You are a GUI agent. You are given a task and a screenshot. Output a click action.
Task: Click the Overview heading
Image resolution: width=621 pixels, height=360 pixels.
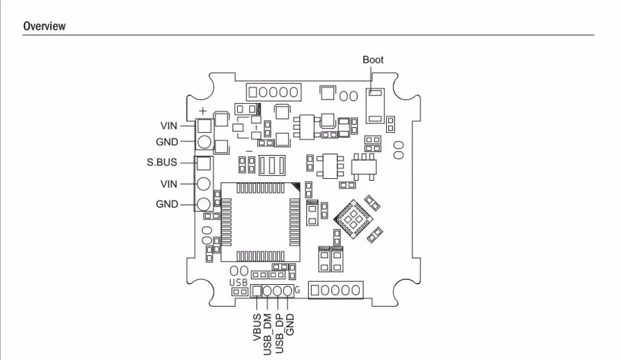[44, 26]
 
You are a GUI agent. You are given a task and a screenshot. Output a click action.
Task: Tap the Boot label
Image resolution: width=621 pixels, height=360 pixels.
[373, 60]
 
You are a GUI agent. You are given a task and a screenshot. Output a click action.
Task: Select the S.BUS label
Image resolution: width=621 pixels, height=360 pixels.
[162, 163]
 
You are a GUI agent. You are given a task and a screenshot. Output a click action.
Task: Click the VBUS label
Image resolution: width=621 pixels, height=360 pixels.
[257, 327]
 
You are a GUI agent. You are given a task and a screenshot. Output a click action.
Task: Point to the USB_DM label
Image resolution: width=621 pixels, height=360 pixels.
[267, 335]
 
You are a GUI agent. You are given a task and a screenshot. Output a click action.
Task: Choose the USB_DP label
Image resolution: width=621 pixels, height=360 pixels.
[279, 333]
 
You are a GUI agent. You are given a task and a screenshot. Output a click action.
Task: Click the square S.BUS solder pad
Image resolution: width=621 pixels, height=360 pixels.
[204, 163]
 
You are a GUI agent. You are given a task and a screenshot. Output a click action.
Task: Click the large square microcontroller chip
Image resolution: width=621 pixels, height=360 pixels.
[260, 222]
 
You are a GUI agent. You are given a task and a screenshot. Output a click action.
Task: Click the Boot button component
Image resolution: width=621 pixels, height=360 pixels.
[374, 106]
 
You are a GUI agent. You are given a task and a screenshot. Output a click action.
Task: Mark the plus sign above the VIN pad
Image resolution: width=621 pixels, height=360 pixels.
[202, 111]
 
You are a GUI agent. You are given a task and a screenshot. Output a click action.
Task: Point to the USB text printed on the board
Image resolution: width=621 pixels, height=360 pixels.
[238, 283]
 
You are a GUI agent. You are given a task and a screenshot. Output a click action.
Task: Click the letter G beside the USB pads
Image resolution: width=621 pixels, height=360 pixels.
[297, 290]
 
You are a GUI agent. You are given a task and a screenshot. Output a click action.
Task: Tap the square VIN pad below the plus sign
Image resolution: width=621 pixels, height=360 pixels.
[204, 126]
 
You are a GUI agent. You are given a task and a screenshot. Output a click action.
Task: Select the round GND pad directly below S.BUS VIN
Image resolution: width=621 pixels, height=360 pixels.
[204, 204]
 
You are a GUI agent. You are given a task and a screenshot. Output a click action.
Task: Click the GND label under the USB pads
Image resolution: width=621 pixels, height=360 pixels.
[290, 325]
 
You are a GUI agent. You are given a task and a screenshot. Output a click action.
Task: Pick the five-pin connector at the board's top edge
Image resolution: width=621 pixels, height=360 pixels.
[273, 92]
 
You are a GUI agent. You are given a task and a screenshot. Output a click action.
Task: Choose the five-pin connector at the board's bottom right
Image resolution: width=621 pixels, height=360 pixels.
[335, 290]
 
